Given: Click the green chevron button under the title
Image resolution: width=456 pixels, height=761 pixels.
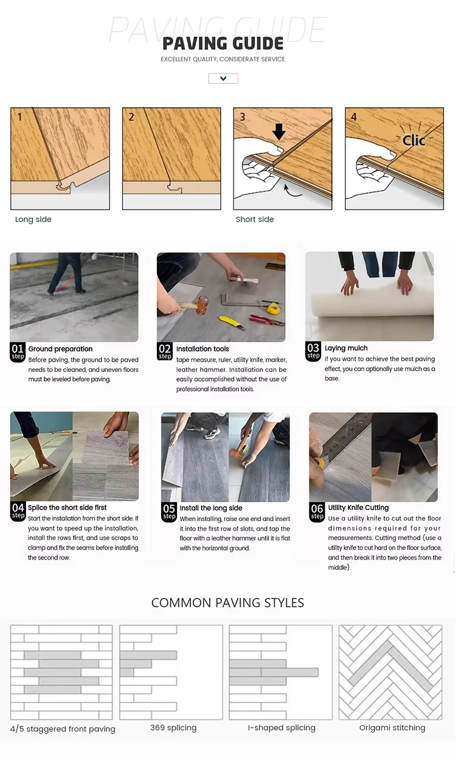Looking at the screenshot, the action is [x=223, y=79].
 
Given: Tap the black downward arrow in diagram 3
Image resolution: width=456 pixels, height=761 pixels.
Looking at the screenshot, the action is [x=279, y=132].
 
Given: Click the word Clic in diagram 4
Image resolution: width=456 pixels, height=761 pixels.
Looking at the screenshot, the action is [x=413, y=140].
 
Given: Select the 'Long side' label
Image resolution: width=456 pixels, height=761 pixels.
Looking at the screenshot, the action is [x=33, y=219].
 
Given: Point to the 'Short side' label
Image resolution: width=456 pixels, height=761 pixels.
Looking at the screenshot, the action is [x=255, y=219].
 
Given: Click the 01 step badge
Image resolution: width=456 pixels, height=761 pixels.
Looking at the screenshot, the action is [x=18, y=352].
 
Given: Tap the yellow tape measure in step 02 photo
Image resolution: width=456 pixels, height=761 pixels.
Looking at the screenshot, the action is [x=272, y=308].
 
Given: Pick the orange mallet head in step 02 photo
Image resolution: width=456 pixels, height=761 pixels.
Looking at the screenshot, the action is [x=202, y=305].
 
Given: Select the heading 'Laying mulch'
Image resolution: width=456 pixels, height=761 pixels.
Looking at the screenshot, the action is [x=346, y=348].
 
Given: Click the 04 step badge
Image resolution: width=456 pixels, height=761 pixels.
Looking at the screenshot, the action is [x=18, y=511].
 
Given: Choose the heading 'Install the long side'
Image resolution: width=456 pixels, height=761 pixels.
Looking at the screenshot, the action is [x=211, y=508].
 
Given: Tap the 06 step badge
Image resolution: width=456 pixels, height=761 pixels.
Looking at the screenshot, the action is [x=317, y=512].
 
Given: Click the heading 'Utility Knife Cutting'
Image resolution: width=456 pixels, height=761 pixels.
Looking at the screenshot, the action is [x=358, y=508].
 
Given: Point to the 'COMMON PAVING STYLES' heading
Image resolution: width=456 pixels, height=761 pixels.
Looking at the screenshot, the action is [x=227, y=603].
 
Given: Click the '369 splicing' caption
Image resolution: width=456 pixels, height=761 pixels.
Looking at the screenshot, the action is [x=173, y=728].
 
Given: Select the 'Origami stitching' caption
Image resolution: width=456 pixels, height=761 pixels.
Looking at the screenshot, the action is [x=392, y=728].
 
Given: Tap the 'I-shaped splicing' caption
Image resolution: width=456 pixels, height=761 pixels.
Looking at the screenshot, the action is [x=282, y=728].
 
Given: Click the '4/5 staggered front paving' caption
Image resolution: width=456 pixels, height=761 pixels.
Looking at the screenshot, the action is [x=63, y=729].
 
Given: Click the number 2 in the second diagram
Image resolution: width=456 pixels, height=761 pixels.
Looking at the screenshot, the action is [x=131, y=117].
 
